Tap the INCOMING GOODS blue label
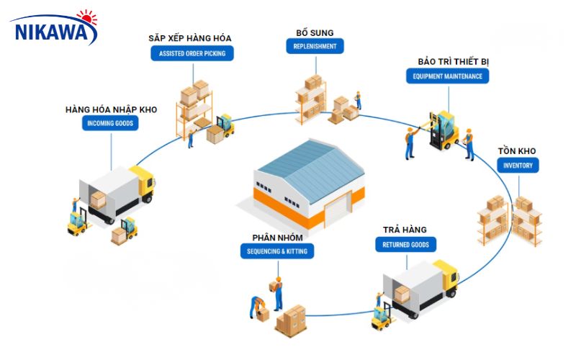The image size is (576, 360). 110,124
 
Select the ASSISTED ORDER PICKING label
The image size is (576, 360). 191,53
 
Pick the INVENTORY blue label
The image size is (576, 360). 518,166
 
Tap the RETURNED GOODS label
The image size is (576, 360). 405,245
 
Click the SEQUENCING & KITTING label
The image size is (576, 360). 277,251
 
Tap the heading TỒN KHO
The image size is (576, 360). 517,151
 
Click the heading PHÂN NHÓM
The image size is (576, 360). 277,237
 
